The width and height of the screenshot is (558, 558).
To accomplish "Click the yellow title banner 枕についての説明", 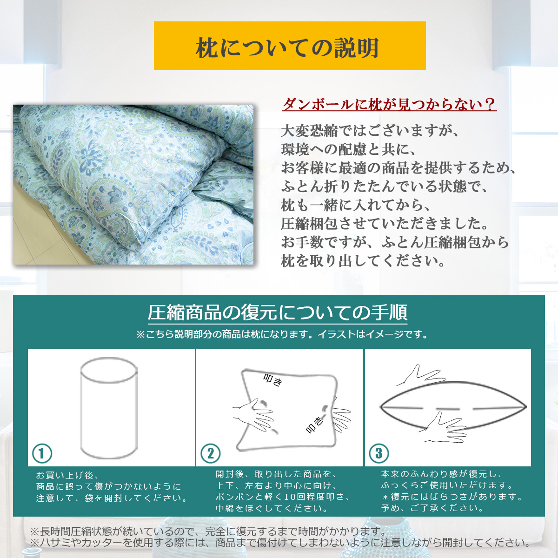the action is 290,46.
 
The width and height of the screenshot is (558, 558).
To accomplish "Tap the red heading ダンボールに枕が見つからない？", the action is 389,104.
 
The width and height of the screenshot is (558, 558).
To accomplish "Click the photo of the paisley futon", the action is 133,185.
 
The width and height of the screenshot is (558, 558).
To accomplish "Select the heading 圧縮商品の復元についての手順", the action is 278,312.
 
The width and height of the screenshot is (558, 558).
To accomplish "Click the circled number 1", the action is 42,453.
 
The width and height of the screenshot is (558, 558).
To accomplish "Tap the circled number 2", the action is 211,453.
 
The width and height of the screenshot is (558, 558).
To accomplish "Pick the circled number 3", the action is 379,453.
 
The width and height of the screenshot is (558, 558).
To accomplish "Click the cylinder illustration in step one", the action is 109,408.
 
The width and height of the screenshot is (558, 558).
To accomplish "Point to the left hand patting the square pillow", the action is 254,415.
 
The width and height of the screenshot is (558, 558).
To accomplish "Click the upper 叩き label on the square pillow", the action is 273,380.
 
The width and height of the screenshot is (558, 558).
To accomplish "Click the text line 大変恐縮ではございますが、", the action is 370,131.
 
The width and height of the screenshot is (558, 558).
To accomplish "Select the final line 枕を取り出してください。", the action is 363,261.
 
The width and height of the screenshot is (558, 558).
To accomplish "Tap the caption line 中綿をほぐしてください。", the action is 272,508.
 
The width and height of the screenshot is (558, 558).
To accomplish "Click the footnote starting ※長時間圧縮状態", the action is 208,531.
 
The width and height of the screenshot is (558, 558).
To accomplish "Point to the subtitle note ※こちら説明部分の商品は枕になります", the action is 282,335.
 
